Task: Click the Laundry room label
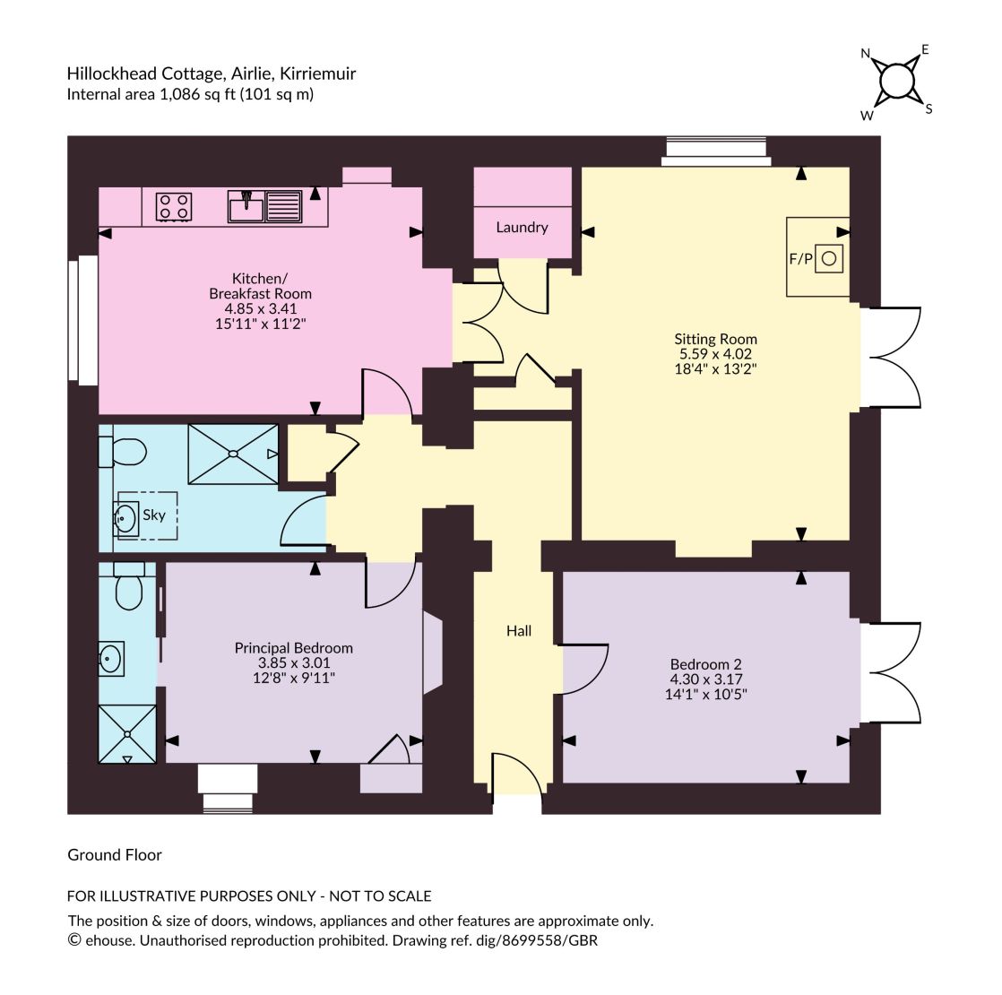click(523, 228)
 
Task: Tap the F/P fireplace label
click(800, 259)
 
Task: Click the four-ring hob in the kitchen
click(174, 207)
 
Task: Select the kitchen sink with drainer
click(264, 206)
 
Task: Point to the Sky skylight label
click(154, 515)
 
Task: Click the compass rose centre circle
click(897, 82)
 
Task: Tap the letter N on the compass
click(866, 54)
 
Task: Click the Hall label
click(519, 631)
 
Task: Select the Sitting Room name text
click(716, 340)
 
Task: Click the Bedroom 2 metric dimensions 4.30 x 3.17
click(706, 679)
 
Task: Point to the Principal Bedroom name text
click(294, 649)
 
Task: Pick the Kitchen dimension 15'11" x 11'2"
click(261, 324)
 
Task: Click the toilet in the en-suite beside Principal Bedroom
click(129, 585)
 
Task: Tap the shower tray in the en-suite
click(127, 734)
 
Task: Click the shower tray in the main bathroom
click(233, 454)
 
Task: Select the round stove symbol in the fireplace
click(829, 259)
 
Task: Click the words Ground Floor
click(115, 855)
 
